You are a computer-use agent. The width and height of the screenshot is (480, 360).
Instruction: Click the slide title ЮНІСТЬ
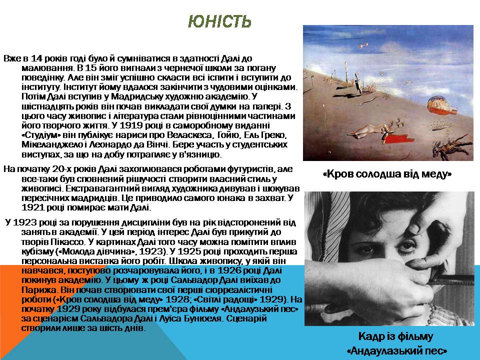(x=219, y=21)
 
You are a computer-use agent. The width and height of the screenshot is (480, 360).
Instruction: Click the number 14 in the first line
(x=36, y=58)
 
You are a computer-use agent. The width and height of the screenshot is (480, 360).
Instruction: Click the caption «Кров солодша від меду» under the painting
(x=387, y=174)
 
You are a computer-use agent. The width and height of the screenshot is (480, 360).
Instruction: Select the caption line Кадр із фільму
(x=396, y=336)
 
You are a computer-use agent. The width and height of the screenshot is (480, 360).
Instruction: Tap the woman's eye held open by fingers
(x=407, y=246)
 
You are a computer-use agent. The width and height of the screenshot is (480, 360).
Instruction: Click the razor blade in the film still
(x=449, y=278)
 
